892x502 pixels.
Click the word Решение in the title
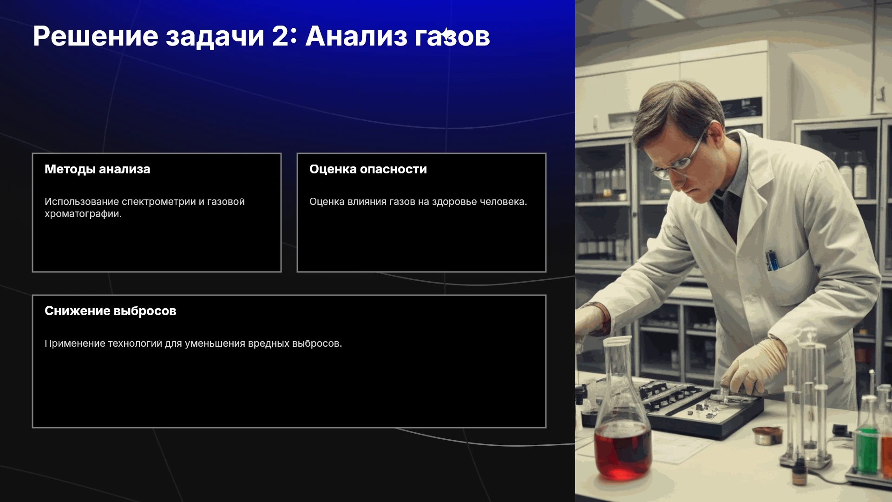[x=96, y=36]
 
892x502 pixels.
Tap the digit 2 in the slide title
[x=280, y=36]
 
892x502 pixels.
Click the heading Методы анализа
[x=98, y=169]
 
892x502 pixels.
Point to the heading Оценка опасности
[x=368, y=169]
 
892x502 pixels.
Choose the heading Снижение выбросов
[x=111, y=311]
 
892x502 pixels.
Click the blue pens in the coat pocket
[x=772, y=260]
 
